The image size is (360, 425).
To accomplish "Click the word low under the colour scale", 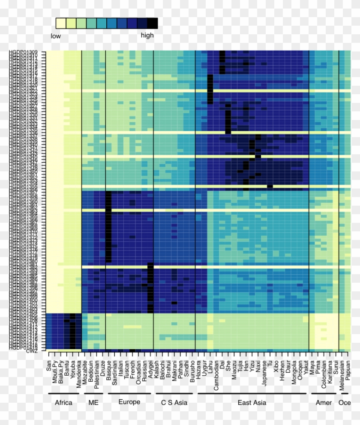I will [x=56, y=36].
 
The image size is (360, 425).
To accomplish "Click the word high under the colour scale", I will [x=147, y=36].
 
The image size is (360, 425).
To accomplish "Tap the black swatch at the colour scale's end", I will [x=152, y=23].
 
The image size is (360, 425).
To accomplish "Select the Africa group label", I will [x=63, y=403].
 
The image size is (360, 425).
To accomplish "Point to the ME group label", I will [x=93, y=403].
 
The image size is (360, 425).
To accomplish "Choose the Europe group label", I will [x=129, y=402].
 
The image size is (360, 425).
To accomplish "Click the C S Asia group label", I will [x=174, y=403].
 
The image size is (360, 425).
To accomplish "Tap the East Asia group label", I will [x=252, y=403].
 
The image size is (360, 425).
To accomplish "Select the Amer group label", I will [x=324, y=403].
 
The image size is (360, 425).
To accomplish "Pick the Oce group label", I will [x=345, y=403].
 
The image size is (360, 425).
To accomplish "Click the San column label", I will [x=49, y=366].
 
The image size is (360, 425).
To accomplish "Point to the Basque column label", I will [x=109, y=369].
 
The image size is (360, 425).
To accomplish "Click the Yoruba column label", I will [x=73, y=369].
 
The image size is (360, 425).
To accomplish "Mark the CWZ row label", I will [x=32, y=351].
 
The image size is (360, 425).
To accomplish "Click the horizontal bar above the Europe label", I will [x=129, y=393].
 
